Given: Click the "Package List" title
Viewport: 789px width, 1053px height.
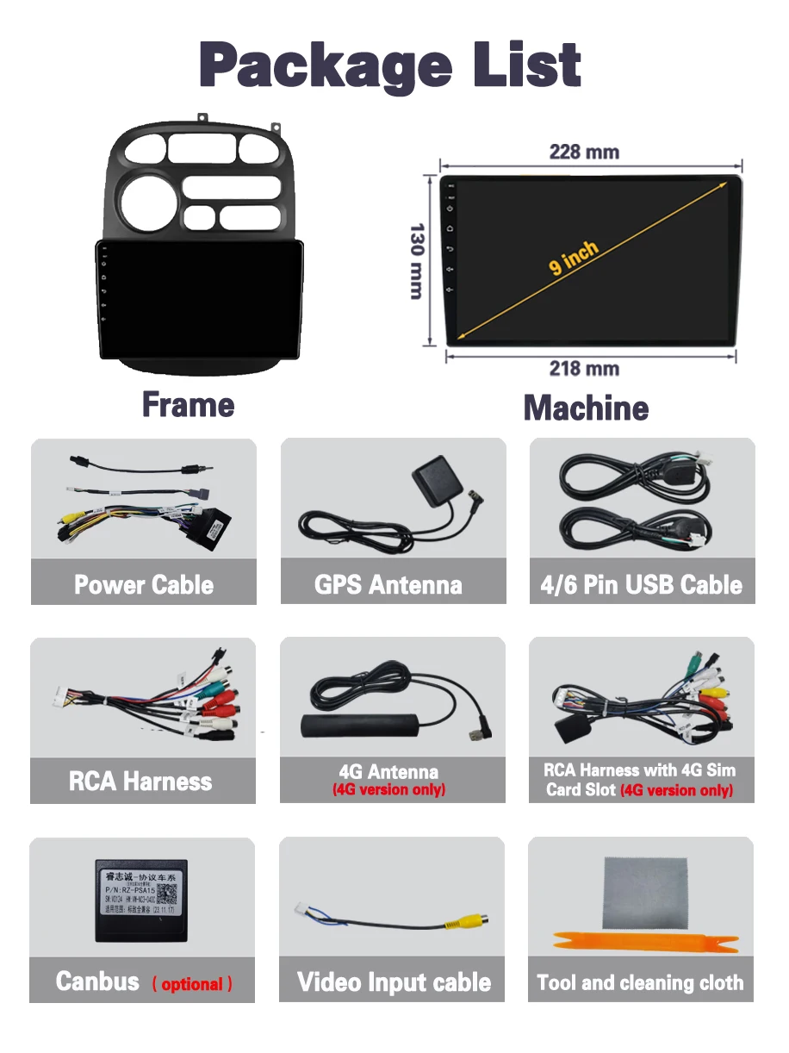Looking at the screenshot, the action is click(x=390, y=65).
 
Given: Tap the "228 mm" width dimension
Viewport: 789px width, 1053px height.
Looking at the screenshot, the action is click(x=584, y=152).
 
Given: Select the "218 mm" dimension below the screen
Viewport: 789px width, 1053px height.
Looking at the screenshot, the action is click(x=584, y=369).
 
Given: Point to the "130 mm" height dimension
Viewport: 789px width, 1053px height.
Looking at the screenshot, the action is click(x=417, y=261).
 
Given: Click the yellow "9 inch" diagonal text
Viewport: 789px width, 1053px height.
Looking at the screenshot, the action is click(x=574, y=259).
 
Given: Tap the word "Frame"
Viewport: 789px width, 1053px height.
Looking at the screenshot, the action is click(x=188, y=404).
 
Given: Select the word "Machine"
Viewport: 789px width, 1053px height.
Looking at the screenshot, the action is click(x=586, y=408).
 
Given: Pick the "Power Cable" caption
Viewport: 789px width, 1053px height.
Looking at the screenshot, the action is click(x=144, y=584).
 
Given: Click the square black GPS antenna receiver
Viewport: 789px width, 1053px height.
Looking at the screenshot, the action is click(x=432, y=476).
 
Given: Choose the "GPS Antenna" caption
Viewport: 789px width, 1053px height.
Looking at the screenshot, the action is click(x=388, y=585).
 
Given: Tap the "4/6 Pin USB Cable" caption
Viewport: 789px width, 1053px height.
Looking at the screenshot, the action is click(x=641, y=585).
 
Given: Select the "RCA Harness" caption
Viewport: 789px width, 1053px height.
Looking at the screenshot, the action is click(x=140, y=782).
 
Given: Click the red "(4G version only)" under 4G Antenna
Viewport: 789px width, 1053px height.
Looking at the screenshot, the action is click(x=389, y=789).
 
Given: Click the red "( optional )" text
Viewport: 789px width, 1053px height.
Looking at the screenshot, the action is click(x=192, y=984).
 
